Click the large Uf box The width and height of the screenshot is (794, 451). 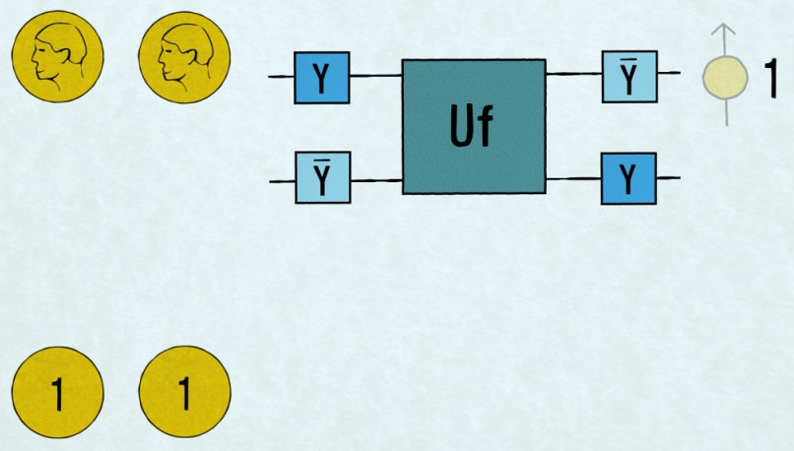point(474,126)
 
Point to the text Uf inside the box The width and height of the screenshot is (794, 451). point(472,128)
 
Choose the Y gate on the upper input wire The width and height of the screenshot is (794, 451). point(322,77)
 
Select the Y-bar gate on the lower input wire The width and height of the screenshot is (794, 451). point(322,178)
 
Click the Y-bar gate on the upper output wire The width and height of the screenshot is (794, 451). point(629,76)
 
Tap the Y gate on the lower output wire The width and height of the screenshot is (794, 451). point(629,178)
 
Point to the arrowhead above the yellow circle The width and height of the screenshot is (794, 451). point(725,32)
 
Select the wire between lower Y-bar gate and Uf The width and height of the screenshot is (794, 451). point(375,181)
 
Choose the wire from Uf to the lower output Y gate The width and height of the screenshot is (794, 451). point(573,178)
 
